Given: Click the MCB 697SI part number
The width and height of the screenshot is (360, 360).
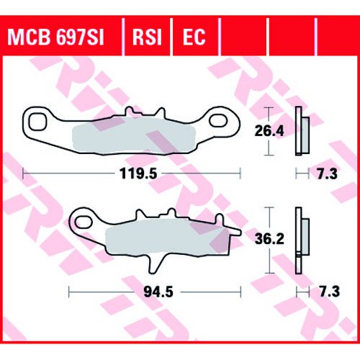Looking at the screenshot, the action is pyautogui.click(x=55, y=37).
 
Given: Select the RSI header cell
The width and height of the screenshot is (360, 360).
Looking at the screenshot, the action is pyautogui.click(x=147, y=37).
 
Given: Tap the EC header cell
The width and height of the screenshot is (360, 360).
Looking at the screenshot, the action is pyautogui.click(x=194, y=37).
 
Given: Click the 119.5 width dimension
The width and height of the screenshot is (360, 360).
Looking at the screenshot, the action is pyautogui.click(x=138, y=174).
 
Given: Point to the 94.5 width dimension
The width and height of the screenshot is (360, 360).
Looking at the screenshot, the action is pyautogui.click(x=158, y=292).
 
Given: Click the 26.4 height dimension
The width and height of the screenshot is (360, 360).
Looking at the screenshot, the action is pyautogui.click(x=269, y=131).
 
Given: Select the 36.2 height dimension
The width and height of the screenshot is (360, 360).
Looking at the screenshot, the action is pyautogui.click(x=269, y=238).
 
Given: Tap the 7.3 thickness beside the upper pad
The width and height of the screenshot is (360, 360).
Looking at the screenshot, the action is pyautogui.click(x=328, y=174).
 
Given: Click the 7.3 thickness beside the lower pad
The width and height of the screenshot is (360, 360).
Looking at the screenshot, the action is pyautogui.click(x=330, y=292).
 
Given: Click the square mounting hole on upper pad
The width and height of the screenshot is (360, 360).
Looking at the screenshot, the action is pyautogui.click(x=37, y=122).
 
